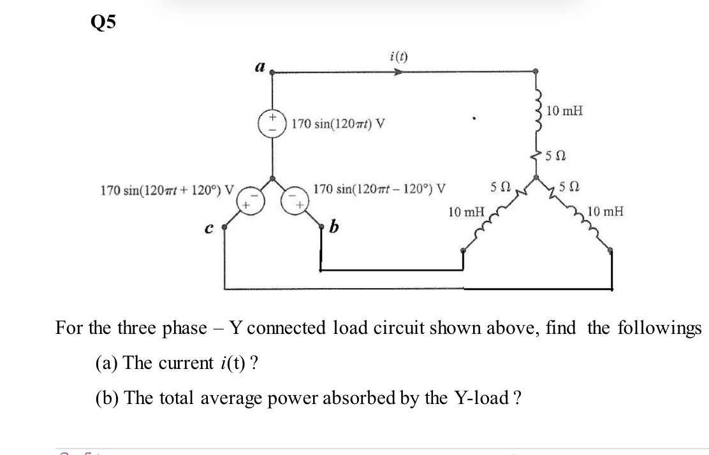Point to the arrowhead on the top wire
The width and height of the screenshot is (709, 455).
pos(398,73)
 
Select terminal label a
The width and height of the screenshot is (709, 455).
pos(259,65)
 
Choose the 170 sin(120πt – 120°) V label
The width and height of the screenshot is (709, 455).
pos(380,189)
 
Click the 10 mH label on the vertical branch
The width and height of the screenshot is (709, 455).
pos(564,112)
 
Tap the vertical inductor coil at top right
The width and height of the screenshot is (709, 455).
pos(536,112)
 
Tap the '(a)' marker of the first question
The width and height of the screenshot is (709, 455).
pos(106,363)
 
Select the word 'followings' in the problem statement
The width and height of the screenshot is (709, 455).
pos(662,328)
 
